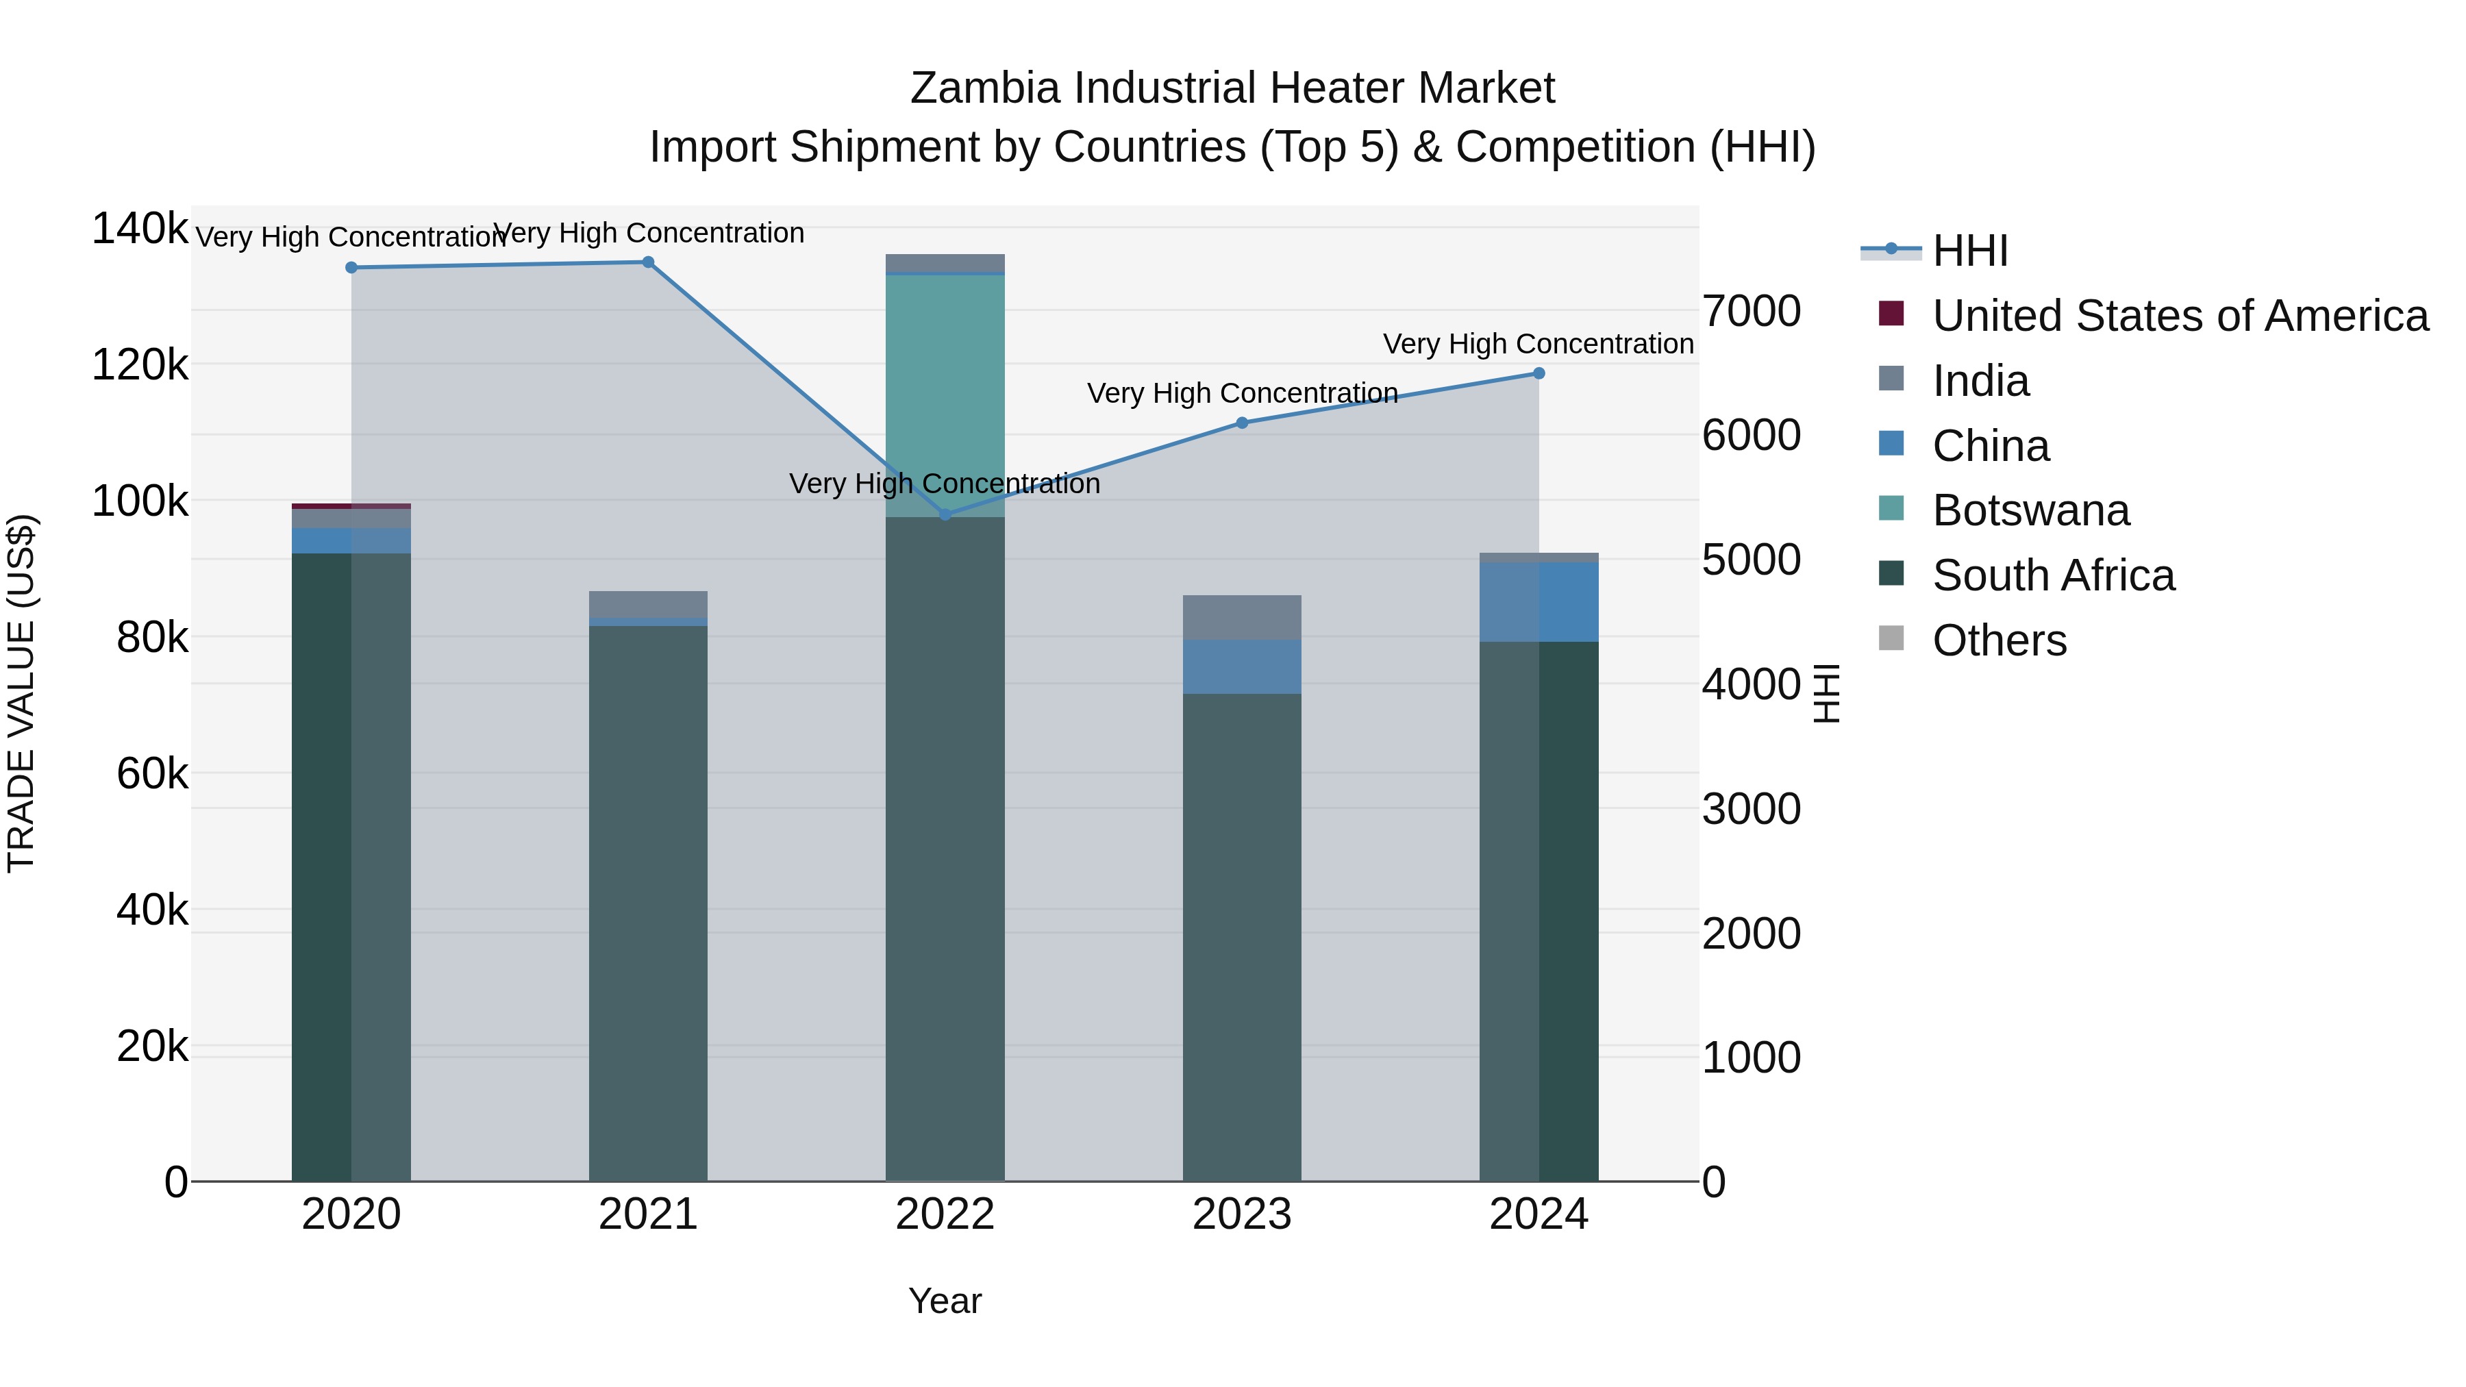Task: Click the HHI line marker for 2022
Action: (945, 515)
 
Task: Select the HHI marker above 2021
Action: (648, 262)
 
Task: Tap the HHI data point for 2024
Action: (1539, 373)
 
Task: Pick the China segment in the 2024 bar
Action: (1539, 602)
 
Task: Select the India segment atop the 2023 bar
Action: (1242, 617)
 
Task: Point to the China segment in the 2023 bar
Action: (1242, 666)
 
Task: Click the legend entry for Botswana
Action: (2030, 510)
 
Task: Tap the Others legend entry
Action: (1999, 640)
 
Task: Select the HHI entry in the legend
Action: (1969, 251)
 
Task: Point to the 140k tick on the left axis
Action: (140, 229)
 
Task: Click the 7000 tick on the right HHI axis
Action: (1751, 311)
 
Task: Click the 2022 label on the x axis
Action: (945, 1214)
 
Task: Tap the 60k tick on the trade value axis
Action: (152, 773)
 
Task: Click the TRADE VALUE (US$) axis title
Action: (21, 693)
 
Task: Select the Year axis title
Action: (945, 1301)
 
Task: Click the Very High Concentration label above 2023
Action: (1242, 393)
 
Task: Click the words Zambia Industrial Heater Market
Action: (1232, 88)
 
